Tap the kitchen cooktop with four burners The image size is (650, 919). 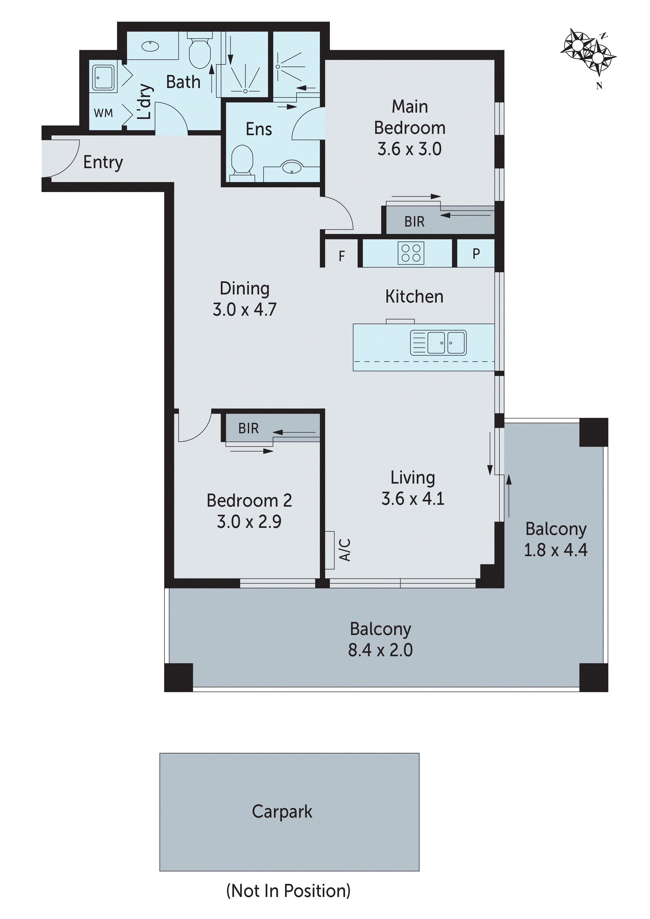[x=411, y=253]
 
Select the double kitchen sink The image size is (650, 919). [x=438, y=343]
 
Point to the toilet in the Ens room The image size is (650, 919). [x=243, y=160]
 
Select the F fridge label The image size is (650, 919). [x=341, y=256]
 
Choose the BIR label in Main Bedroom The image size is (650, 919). [x=414, y=221]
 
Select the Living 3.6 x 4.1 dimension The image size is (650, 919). [x=413, y=499]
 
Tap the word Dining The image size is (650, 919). [x=244, y=288]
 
